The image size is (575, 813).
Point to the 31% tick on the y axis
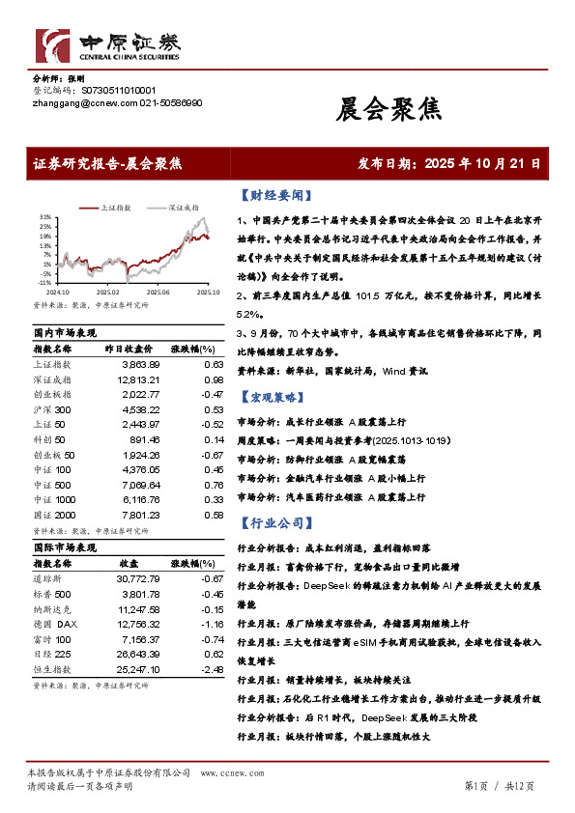44,217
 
